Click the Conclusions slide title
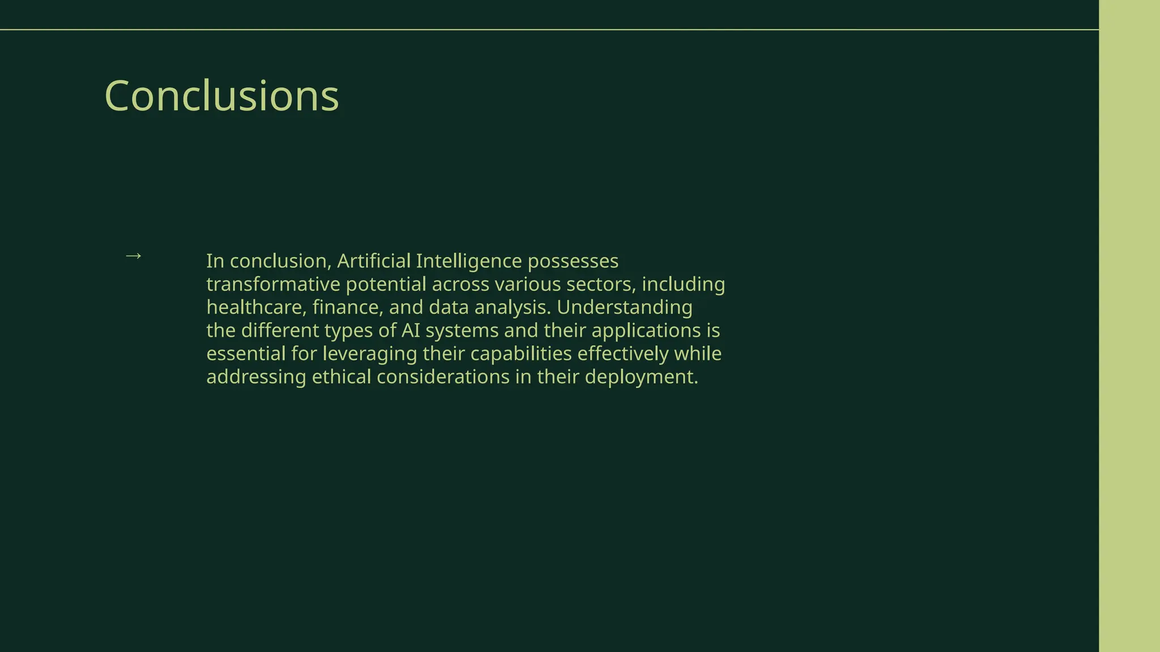tap(221, 96)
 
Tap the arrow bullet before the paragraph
tap(133, 256)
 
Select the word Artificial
tap(373, 261)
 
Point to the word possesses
tap(573, 261)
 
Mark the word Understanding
tap(624, 308)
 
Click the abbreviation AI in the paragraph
tap(411, 331)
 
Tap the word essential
tap(246, 354)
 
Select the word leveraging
tap(370, 354)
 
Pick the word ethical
tap(342, 378)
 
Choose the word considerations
tap(443, 378)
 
